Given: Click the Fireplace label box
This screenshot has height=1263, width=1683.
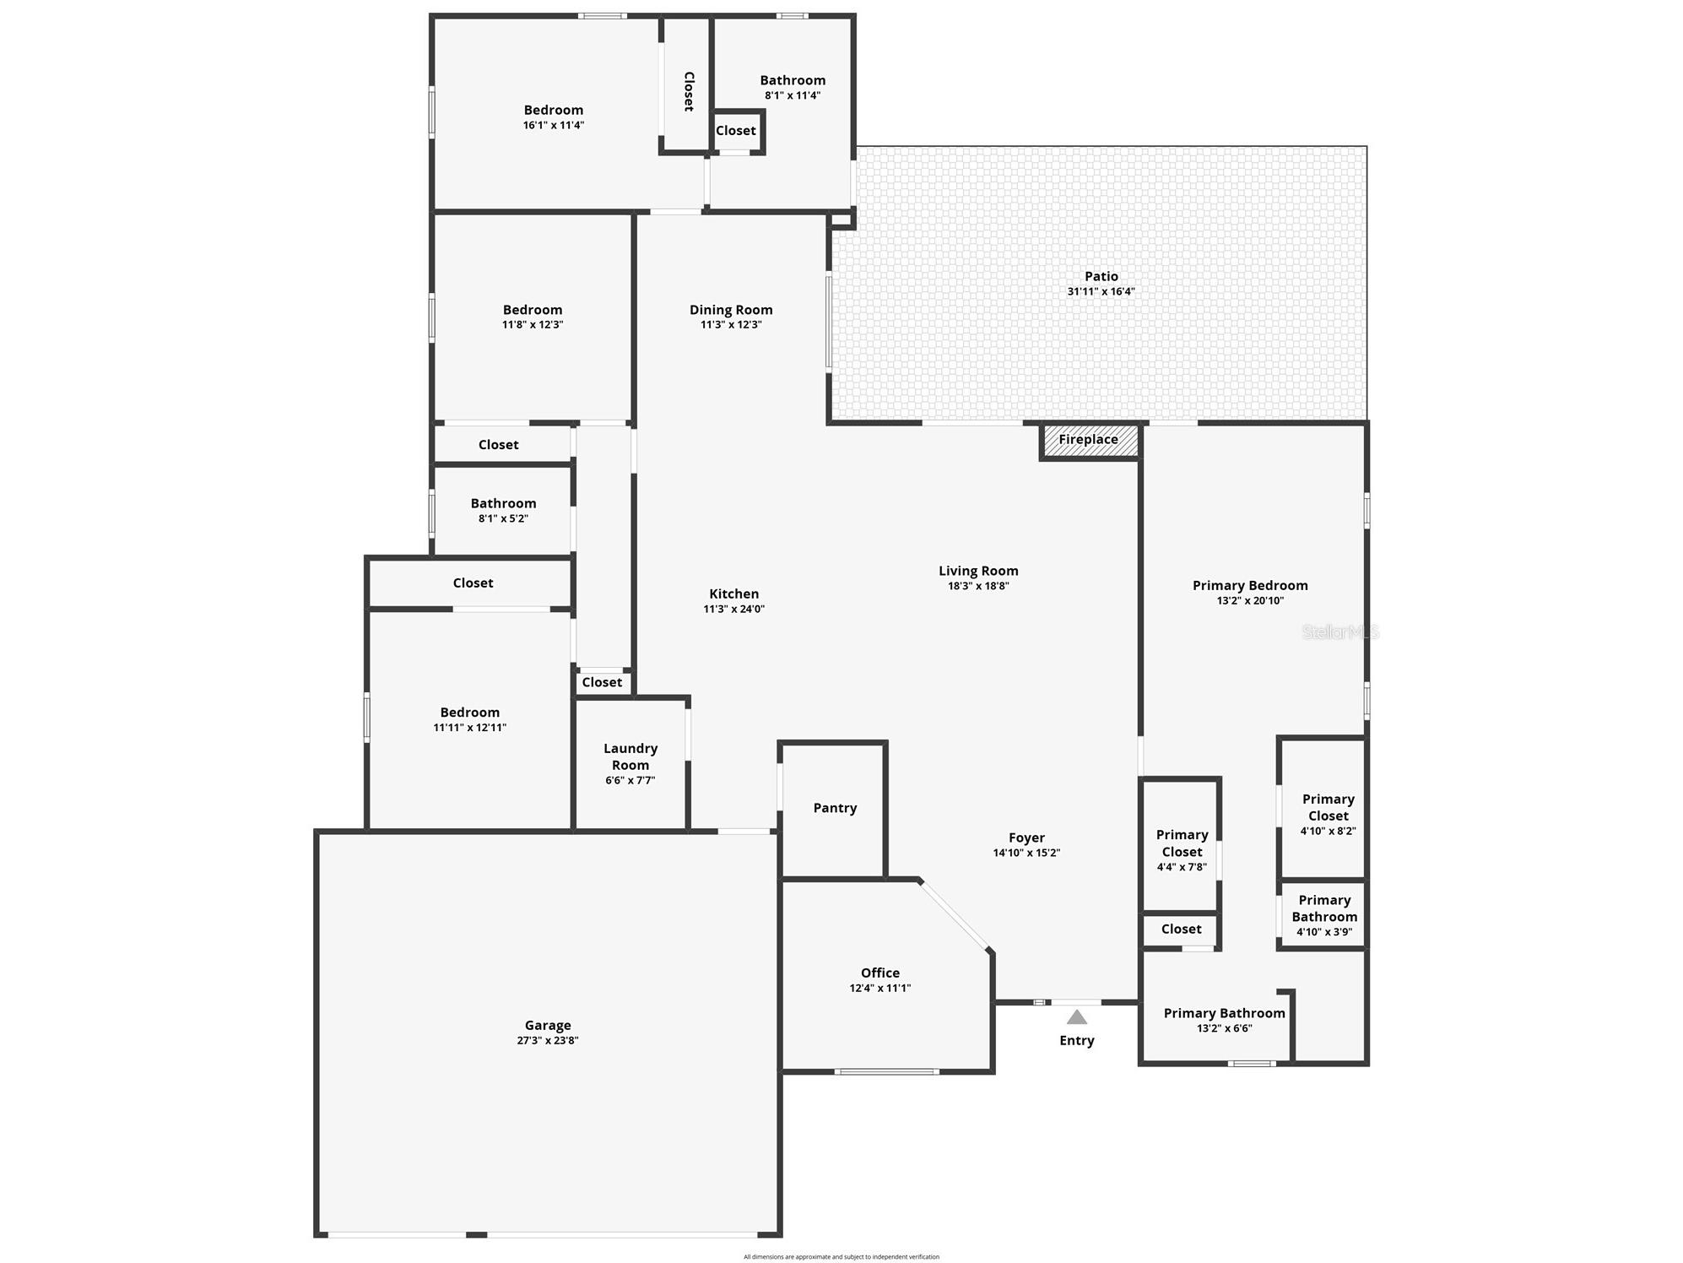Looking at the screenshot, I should [x=1089, y=440].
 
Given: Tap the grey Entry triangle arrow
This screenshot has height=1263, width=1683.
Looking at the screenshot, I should [x=1076, y=1017].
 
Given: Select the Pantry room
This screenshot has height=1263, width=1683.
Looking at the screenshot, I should [x=835, y=808].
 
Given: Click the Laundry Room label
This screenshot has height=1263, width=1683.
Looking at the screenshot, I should [x=630, y=757].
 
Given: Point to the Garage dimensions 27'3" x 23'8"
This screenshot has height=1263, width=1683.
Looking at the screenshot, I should [x=548, y=1041].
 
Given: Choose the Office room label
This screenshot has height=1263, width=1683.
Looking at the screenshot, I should [x=880, y=973].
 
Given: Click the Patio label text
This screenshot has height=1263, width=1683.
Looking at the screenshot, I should [x=1101, y=276].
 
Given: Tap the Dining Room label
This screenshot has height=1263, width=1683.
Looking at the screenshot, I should [x=731, y=310].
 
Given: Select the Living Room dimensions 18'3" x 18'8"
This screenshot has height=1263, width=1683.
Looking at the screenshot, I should [x=978, y=586].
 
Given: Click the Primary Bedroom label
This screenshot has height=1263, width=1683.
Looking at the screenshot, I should [x=1250, y=585].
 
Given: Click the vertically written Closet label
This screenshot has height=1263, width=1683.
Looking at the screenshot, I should [x=689, y=91].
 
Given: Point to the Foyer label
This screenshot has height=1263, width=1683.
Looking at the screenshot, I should [x=1026, y=837].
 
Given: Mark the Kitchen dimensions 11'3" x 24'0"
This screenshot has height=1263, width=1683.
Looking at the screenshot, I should [x=734, y=609].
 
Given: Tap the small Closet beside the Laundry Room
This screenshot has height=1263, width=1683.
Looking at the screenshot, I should [x=602, y=682].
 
